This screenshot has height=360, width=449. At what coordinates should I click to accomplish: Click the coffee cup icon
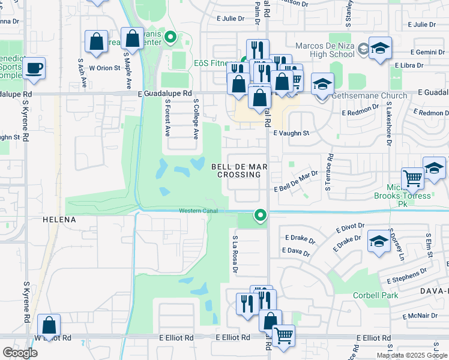click(35, 67)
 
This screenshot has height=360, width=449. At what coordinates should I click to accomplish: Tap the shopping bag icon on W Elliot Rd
click(49, 327)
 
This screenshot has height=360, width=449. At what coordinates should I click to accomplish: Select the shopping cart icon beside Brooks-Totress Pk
click(412, 178)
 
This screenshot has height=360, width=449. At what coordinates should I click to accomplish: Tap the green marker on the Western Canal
click(260, 214)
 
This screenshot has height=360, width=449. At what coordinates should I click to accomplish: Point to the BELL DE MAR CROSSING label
click(239, 170)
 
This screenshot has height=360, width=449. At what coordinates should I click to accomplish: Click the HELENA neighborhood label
click(59, 220)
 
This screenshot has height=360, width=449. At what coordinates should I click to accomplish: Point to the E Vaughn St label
click(291, 133)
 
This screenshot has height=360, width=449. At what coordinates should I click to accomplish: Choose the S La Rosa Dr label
click(235, 254)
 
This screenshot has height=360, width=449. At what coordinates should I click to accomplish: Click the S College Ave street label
click(196, 120)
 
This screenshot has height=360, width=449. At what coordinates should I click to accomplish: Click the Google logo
click(20, 352)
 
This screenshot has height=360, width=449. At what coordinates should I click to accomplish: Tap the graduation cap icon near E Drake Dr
click(379, 242)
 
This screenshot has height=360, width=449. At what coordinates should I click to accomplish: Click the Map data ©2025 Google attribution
click(411, 355)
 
